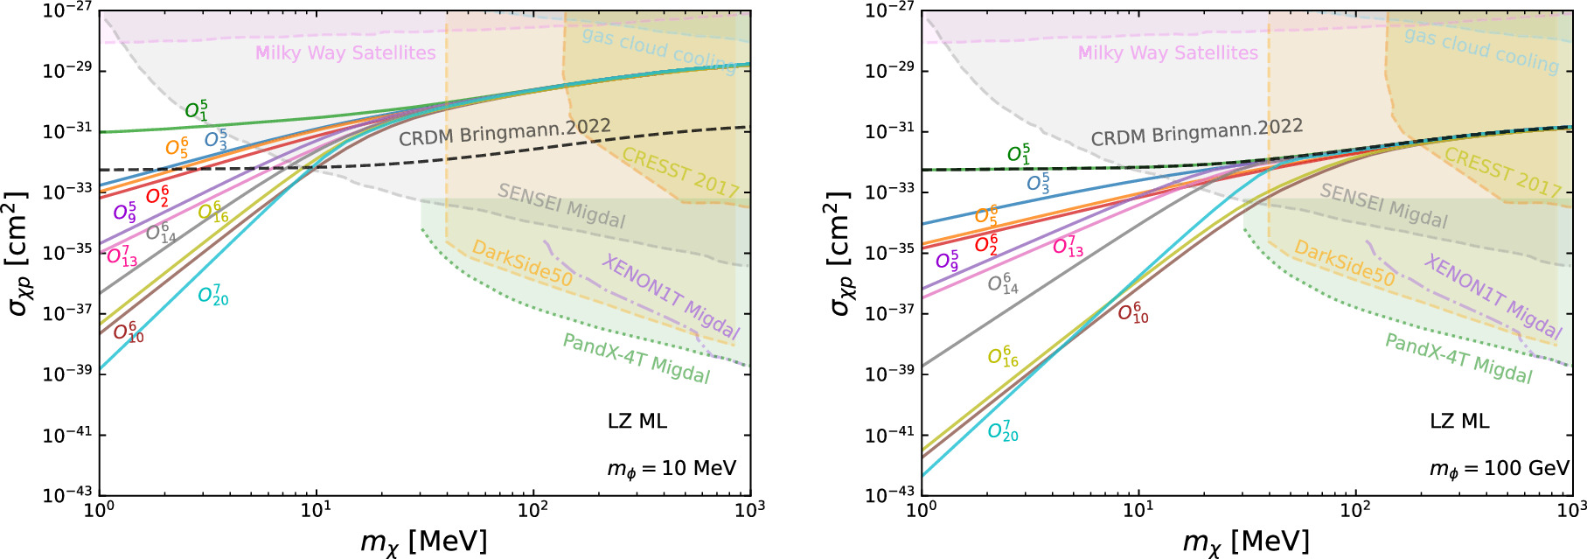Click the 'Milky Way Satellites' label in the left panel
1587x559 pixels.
pos(345,52)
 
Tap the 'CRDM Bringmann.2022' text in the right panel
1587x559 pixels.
pos(1196,132)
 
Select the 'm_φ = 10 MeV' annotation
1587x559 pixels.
pos(672,469)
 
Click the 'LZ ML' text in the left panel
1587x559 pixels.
pos(637,422)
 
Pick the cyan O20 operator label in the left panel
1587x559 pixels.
pos(213,296)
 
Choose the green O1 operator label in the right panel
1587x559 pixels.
pos(1019,155)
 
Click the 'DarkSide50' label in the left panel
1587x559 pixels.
pos(522,263)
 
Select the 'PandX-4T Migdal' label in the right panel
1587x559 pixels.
pos(1458,359)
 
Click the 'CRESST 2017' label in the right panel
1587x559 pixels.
pos(1502,172)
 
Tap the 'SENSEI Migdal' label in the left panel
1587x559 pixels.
pos(561,206)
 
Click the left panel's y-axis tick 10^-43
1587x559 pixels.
pos(67,495)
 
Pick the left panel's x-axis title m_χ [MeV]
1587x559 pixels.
pos(423,542)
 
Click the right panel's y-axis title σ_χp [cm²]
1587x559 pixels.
pos(839,254)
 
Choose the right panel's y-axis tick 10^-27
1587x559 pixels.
pos(889,10)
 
